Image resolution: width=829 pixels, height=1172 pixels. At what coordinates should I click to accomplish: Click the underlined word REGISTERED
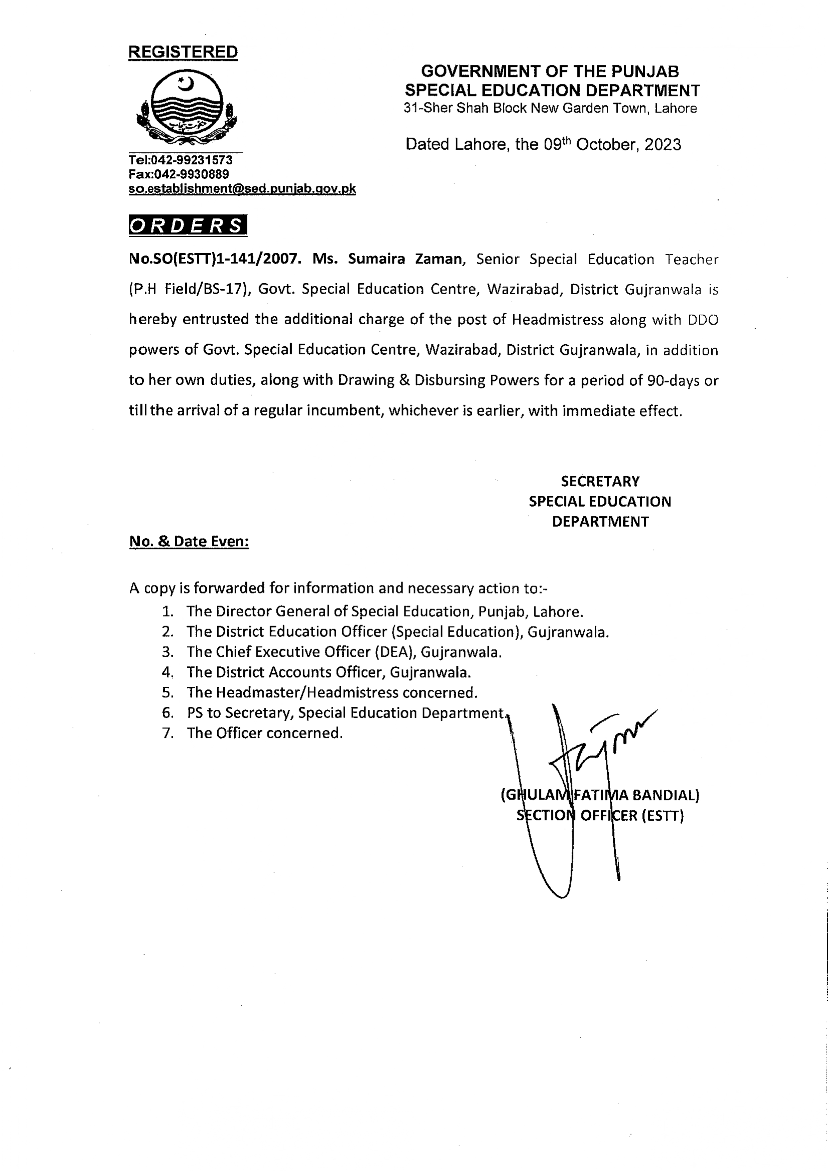(x=183, y=52)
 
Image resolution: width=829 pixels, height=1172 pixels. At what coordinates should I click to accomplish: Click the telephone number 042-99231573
(x=193, y=160)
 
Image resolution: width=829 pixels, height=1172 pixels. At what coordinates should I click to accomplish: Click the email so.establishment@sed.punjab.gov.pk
(x=242, y=188)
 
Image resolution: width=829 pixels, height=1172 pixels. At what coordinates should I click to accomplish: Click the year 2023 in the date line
(x=663, y=145)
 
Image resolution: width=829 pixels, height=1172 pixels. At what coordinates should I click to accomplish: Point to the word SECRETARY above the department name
(x=600, y=481)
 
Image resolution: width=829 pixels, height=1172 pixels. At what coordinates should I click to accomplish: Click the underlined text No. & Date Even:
(x=189, y=542)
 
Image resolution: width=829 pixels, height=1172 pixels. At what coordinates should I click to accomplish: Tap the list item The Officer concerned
(x=264, y=733)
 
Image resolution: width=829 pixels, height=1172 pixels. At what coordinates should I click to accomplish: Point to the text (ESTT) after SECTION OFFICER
(x=663, y=816)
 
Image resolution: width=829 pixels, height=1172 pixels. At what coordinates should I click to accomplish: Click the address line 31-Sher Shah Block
(x=550, y=108)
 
